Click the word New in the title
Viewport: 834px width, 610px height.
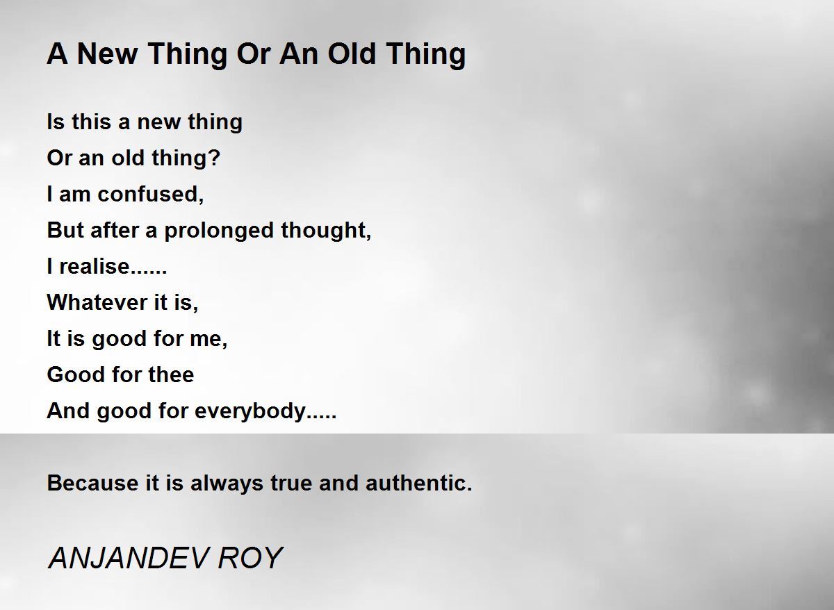tap(107, 53)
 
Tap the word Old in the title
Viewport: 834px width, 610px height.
tap(352, 53)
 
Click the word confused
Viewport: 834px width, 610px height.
tap(150, 195)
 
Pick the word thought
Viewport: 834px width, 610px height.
tap(326, 230)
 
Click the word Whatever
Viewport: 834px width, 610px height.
tap(97, 302)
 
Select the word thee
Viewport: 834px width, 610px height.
tap(171, 374)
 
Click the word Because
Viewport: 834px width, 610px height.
tap(93, 483)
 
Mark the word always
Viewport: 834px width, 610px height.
tap(227, 483)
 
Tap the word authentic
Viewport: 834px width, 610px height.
tap(418, 483)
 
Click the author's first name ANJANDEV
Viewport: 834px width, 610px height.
tap(128, 559)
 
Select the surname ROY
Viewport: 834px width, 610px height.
tap(250, 559)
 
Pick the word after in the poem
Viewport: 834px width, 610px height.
tap(115, 230)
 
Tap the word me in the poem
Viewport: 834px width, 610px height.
tap(208, 338)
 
